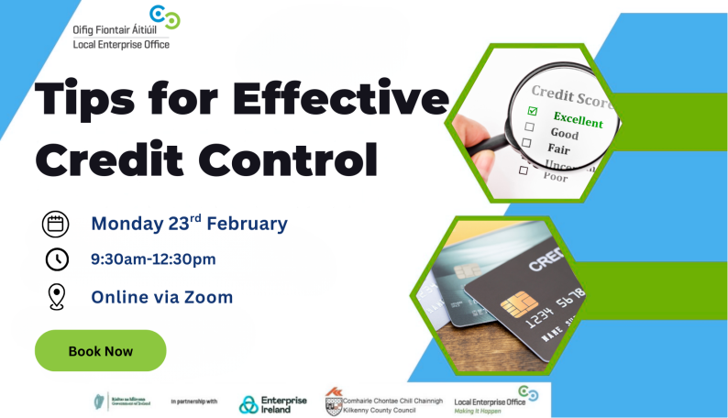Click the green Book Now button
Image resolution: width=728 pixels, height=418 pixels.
[x=100, y=351]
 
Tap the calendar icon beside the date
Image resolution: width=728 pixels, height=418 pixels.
[x=56, y=224]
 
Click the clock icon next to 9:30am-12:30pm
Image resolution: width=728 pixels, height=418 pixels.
[x=56, y=259]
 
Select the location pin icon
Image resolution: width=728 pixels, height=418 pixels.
[x=56, y=297]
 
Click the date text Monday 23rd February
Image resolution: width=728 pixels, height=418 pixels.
[x=189, y=223]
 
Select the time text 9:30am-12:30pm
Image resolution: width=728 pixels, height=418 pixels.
[x=153, y=259]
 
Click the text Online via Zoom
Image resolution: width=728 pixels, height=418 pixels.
[x=161, y=297]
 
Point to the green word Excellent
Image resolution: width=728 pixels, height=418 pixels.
[x=578, y=119]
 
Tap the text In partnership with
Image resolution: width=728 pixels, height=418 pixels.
[x=193, y=401]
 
